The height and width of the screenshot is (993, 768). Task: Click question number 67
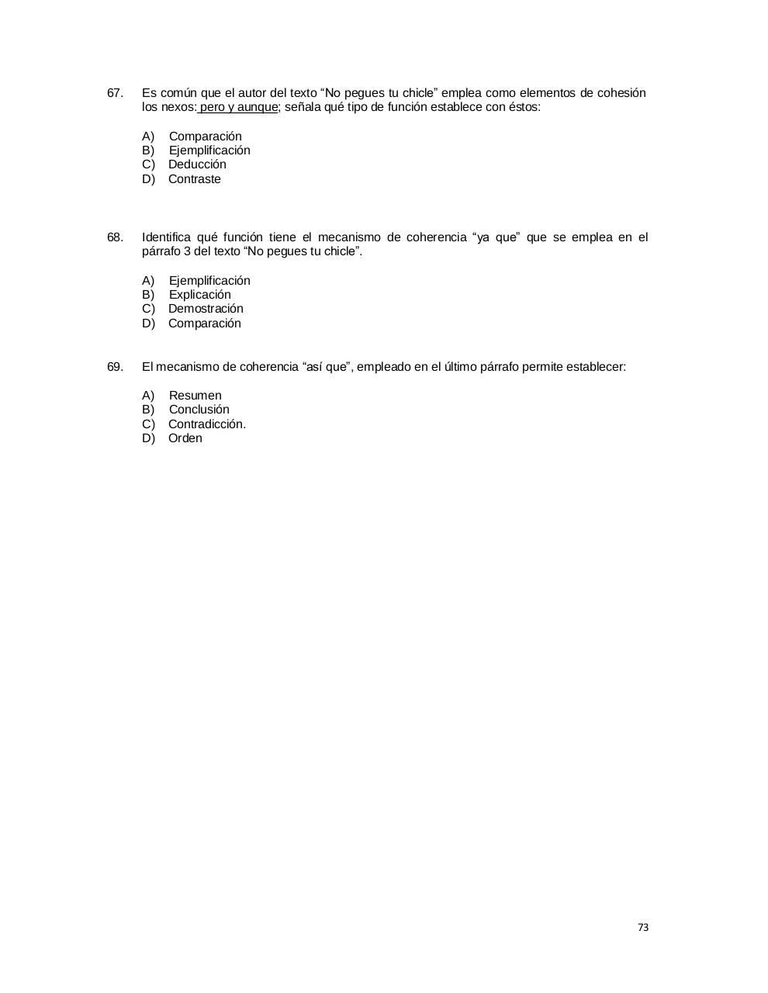(x=115, y=93)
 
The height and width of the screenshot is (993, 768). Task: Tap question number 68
(x=115, y=237)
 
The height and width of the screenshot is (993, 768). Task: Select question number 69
(x=115, y=367)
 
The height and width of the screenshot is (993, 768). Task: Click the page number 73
(x=642, y=927)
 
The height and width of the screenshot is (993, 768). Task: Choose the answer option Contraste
(x=194, y=179)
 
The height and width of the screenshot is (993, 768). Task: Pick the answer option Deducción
(x=197, y=164)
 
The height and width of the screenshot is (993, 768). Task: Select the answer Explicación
(x=199, y=295)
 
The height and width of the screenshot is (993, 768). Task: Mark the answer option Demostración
(x=206, y=309)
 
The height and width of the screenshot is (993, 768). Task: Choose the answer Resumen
(x=195, y=396)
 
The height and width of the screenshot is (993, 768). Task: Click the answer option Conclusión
(x=199, y=410)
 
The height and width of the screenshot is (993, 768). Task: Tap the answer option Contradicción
(x=206, y=424)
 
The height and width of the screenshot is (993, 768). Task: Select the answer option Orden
(x=185, y=438)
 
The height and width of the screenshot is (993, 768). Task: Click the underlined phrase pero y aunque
(x=238, y=107)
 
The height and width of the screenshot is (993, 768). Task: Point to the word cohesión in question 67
(x=621, y=93)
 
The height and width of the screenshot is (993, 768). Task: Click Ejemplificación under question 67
(x=209, y=151)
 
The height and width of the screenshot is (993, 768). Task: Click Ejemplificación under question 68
(x=209, y=281)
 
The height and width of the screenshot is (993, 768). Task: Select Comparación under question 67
(x=205, y=137)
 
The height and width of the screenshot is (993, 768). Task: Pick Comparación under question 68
(x=204, y=324)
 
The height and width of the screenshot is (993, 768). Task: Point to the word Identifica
(x=166, y=237)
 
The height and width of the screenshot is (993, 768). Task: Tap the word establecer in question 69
(x=595, y=367)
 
